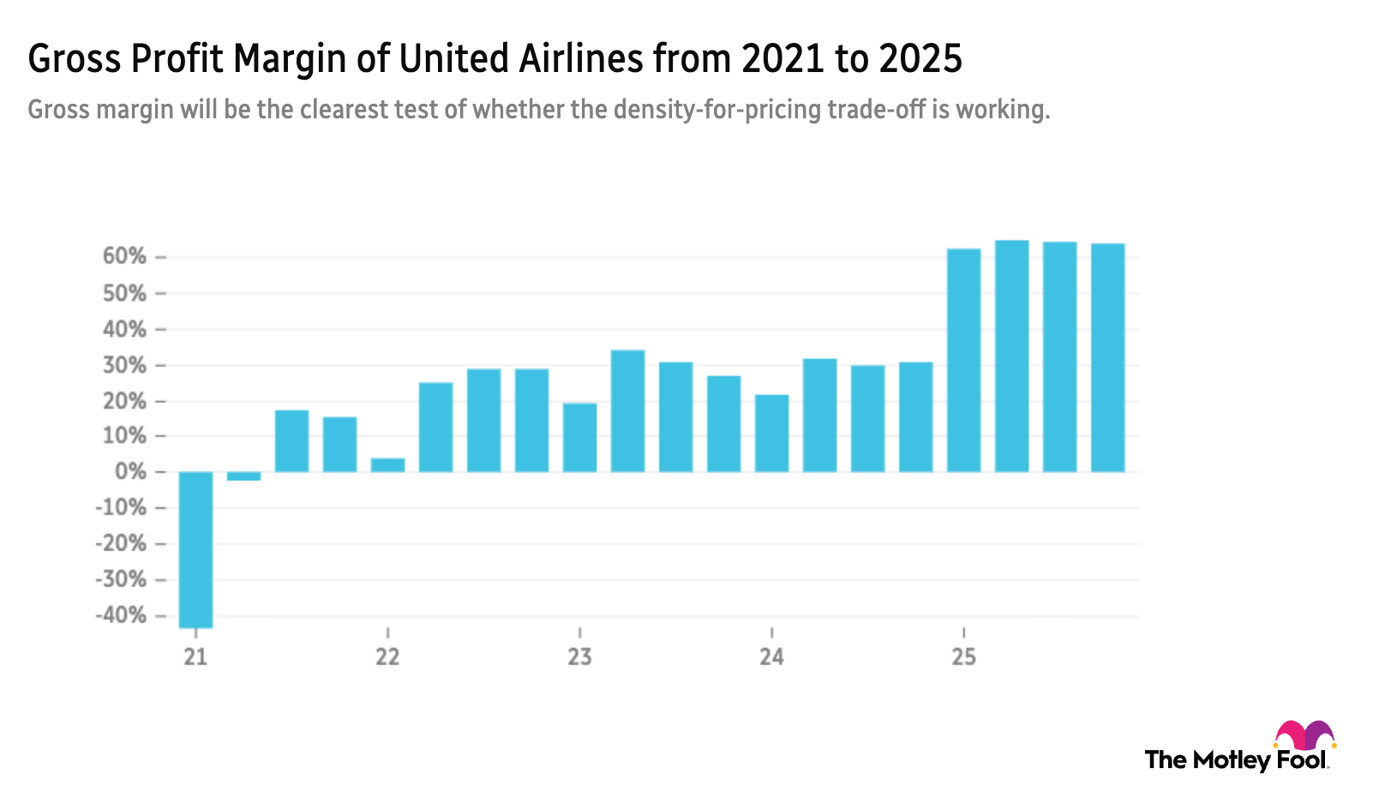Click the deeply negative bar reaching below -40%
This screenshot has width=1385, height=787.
195,550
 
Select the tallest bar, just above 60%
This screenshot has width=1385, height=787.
1011,356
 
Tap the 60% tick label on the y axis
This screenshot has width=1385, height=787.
125,257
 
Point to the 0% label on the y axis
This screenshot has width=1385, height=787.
130,472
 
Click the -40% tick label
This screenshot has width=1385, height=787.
121,616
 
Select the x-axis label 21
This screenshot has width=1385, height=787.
195,657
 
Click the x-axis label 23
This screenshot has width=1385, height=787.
579,657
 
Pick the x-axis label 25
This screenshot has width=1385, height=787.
963,657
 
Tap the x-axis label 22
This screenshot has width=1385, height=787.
387,657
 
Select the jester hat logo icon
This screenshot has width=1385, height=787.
1304,736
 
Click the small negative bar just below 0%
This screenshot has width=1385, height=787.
244,477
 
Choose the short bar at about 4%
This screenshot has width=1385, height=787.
387,464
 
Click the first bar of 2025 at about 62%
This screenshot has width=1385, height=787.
963,360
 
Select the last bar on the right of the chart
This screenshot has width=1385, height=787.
1107,357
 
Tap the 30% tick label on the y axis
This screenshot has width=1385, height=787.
125,365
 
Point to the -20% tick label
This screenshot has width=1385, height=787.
121,544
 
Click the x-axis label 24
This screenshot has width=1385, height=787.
771,657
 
